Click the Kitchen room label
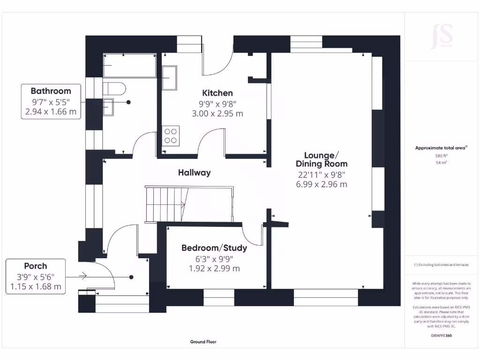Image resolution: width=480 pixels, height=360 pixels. pos(217,93)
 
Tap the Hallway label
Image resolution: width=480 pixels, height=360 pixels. pos(194,172)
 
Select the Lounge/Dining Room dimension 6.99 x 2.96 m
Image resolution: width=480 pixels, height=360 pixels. pos(321,184)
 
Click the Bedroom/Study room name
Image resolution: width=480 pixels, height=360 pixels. pos(214,247)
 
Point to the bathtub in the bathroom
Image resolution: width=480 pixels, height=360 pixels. pos(129,66)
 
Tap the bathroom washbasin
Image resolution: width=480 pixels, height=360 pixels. pos(109,107)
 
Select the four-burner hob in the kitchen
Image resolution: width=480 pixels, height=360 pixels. pos(170,135)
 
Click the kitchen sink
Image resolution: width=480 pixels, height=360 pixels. pos(169,77)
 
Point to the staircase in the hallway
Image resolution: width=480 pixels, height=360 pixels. pos(165,203)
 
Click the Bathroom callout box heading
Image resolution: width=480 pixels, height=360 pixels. pos(51,91)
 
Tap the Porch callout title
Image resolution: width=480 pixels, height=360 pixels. pos(36,266)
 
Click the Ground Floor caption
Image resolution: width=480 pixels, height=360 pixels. pos(203,342)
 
